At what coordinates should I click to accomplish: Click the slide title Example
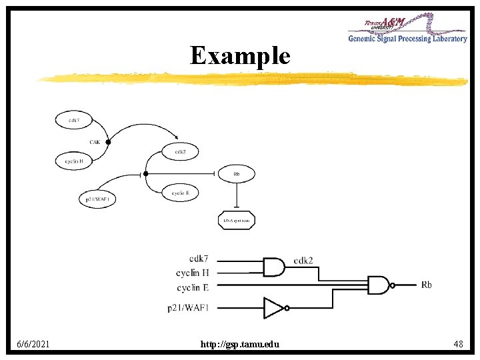[240, 55]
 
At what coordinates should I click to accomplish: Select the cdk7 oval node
[74, 120]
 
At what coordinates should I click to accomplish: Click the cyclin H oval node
[73, 161]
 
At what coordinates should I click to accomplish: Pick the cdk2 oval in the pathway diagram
[180, 151]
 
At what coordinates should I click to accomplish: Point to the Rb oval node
[237, 173]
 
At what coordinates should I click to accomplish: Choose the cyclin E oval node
[180, 193]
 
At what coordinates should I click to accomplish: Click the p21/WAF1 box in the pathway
[97, 199]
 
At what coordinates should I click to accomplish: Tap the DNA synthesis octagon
[236, 220]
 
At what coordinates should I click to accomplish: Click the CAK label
[96, 141]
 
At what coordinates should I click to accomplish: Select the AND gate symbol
[273, 267]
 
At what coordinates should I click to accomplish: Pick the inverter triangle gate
[274, 307]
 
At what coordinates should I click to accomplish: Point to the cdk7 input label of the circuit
[199, 259]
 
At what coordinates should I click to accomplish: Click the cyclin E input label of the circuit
[193, 287]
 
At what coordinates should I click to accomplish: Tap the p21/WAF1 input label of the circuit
[188, 307]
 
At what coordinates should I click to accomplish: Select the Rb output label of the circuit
[426, 285]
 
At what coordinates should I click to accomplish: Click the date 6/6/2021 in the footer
[34, 344]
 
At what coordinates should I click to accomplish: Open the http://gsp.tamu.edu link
[240, 344]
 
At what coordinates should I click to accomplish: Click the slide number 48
[458, 344]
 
